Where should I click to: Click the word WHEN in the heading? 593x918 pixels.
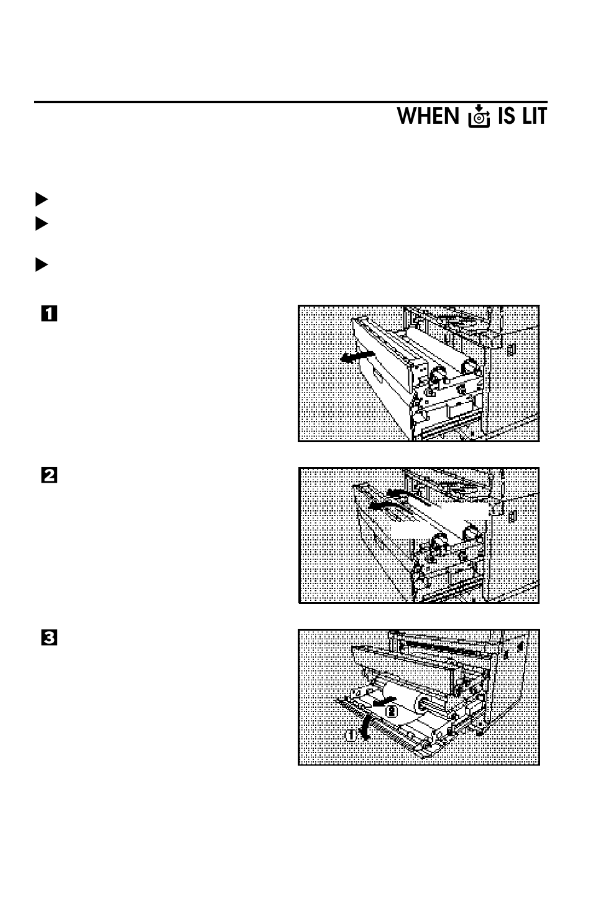(x=428, y=116)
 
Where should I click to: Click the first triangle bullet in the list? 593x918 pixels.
(x=41, y=200)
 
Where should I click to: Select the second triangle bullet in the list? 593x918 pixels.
(x=41, y=223)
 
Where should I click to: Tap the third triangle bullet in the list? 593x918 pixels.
(x=41, y=265)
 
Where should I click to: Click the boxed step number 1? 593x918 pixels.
(x=49, y=313)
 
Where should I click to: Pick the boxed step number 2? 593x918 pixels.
(x=49, y=476)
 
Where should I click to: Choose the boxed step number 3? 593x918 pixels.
(x=49, y=637)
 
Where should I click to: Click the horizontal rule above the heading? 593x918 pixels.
(x=290, y=102)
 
